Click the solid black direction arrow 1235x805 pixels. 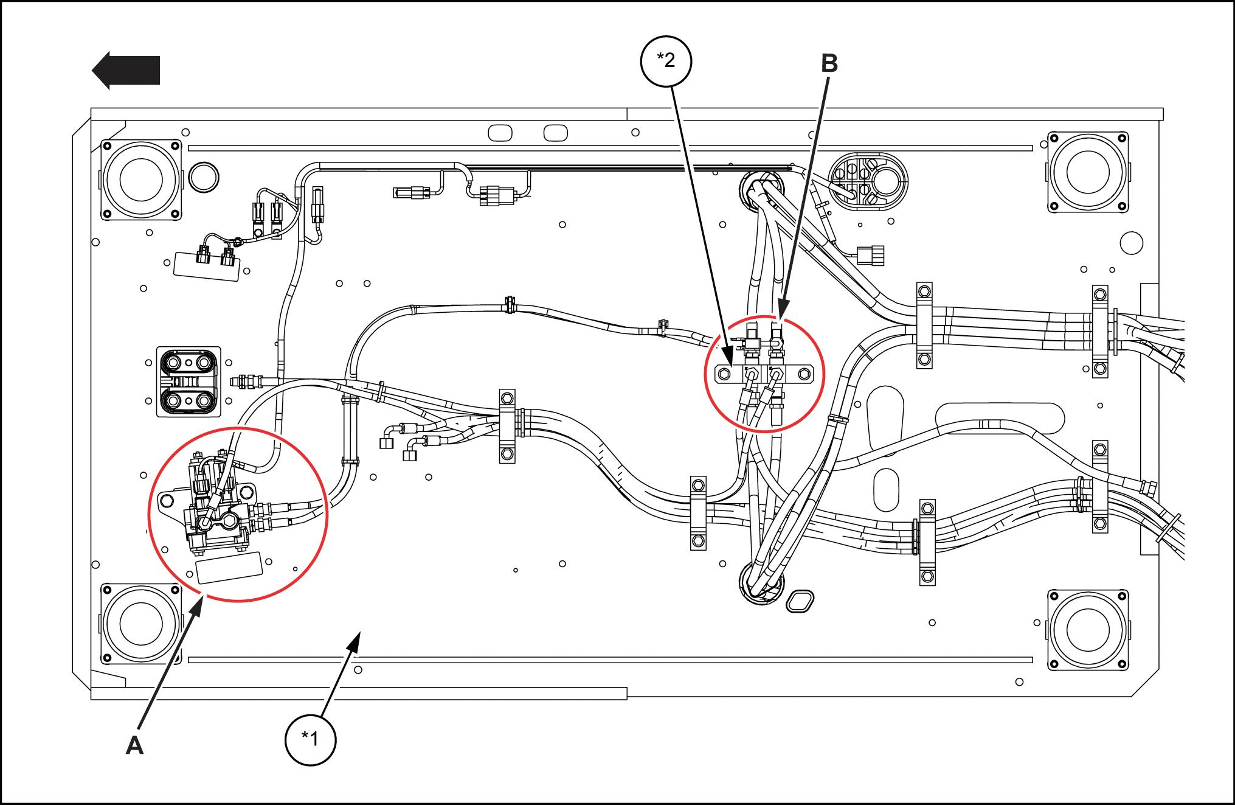click(x=126, y=70)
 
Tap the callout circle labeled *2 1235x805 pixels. click(x=666, y=61)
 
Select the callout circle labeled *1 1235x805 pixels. click(x=310, y=738)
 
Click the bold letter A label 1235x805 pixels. click(x=134, y=745)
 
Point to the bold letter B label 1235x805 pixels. click(x=829, y=63)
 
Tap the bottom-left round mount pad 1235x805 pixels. click(x=141, y=624)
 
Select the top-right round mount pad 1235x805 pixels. click(x=1087, y=172)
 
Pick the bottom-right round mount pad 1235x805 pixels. click(x=1087, y=630)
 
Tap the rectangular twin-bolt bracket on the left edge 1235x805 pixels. click(x=189, y=382)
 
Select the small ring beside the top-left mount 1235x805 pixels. click(x=204, y=177)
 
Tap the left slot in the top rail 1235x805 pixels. click(x=500, y=133)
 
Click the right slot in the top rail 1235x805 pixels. click(x=555, y=133)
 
